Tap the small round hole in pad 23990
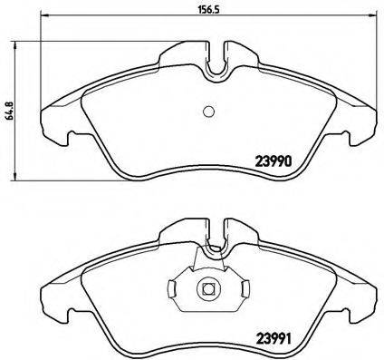click(207, 112)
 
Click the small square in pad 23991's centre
click(207, 290)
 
